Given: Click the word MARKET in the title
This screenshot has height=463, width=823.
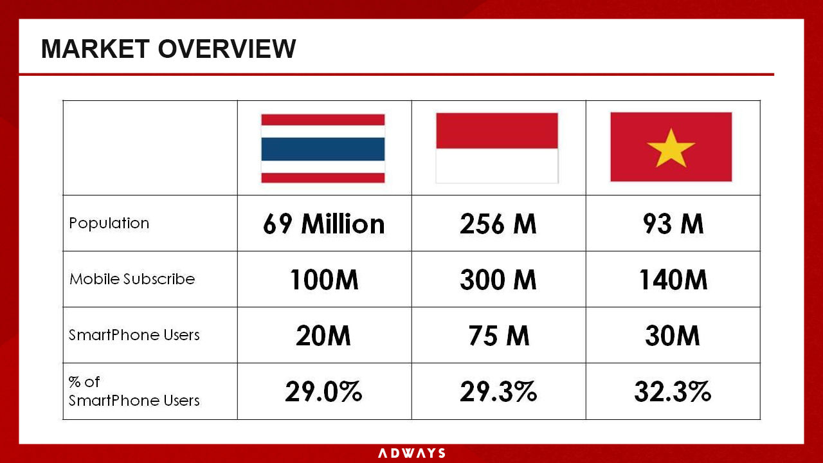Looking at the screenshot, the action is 95,48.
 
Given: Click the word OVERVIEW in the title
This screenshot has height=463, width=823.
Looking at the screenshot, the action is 227,48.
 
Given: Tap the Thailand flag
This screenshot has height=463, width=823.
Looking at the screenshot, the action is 323,149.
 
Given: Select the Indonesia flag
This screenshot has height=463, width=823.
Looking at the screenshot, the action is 497,148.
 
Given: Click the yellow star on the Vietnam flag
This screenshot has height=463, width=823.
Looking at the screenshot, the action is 671,149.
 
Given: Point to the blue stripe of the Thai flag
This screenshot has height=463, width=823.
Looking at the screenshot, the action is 323,149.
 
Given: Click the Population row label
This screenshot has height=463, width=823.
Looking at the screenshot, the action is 109,223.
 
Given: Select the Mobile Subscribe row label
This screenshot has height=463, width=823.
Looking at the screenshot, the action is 132,279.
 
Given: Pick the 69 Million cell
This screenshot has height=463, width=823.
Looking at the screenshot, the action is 323,224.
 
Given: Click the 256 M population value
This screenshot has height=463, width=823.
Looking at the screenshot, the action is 498,224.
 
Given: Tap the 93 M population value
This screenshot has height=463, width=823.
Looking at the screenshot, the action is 673,224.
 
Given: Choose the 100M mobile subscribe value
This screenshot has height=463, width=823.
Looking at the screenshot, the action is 324,280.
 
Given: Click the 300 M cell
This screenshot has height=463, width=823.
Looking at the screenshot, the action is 498,280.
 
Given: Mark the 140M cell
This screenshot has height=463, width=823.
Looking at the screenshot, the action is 673,280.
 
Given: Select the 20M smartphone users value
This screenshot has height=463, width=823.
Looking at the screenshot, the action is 323,336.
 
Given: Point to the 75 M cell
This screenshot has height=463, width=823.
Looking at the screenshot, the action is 498,336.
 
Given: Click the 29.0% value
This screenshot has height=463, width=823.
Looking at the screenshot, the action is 323,392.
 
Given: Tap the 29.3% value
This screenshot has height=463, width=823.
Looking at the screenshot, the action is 498,392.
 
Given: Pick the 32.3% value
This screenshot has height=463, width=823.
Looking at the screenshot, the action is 673,392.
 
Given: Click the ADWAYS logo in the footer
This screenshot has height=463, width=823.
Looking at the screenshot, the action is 411,453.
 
